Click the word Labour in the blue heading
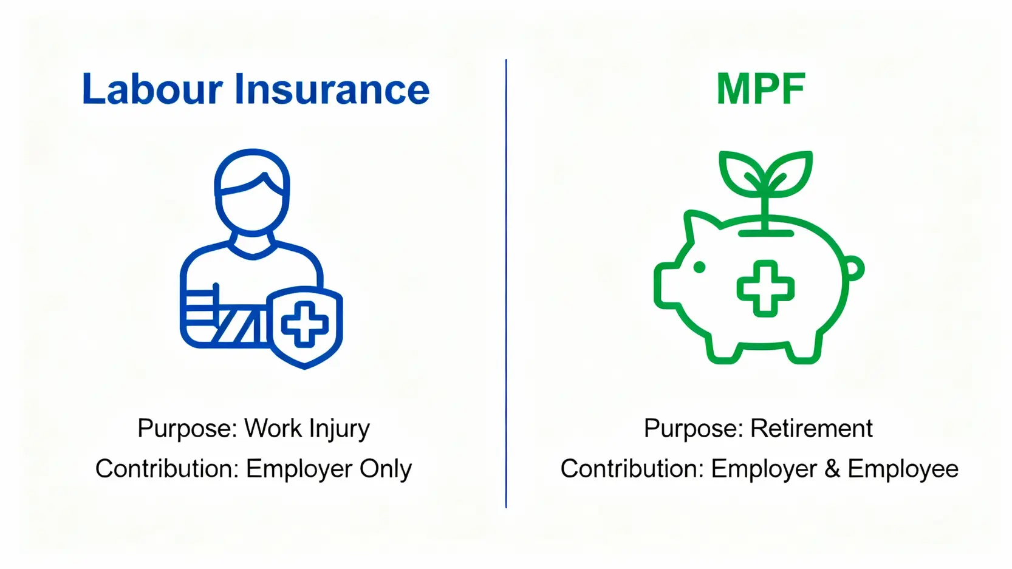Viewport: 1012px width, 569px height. pyautogui.click(x=152, y=89)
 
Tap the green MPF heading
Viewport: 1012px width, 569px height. pyautogui.click(x=761, y=89)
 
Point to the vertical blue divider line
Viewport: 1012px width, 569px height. pyautogui.click(x=506, y=284)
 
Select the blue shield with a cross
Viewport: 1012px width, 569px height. pyautogui.click(x=304, y=327)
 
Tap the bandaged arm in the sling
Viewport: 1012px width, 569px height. pyautogui.click(x=226, y=318)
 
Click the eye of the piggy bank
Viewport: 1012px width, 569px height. pyautogui.click(x=699, y=267)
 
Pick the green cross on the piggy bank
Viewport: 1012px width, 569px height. pyautogui.click(x=765, y=288)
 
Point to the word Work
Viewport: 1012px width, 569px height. pyautogui.click(x=273, y=428)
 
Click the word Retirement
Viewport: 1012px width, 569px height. pyautogui.click(x=812, y=428)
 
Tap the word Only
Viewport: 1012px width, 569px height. pyautogui.click(x=385, y=469)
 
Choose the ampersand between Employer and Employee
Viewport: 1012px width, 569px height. pyautogui.click(x=832, y=469)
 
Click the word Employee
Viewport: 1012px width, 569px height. pyautogui.click(x=903, y=469)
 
